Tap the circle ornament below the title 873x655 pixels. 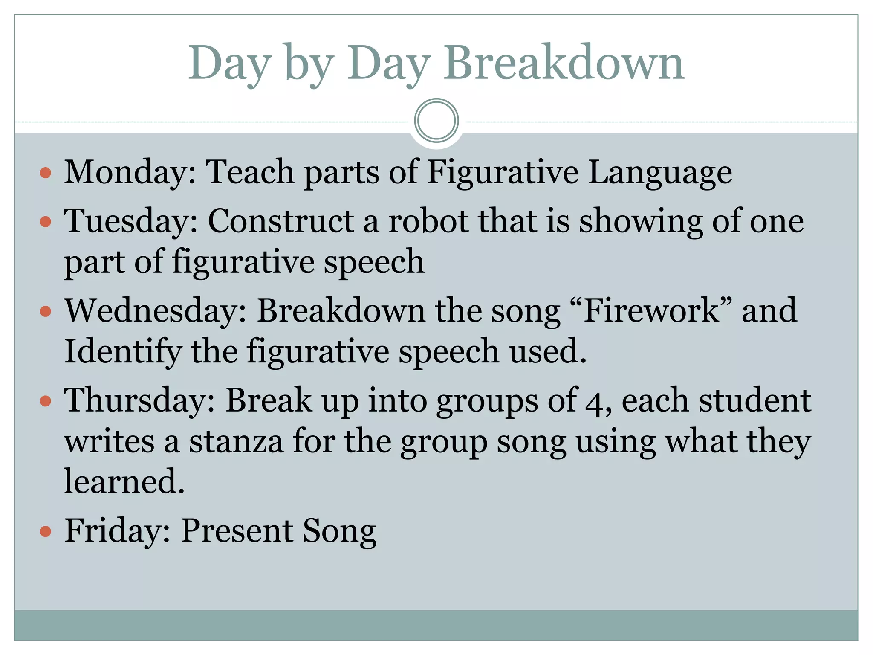(436, 121)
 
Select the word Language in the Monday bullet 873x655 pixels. (660, 172)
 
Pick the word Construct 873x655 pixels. (280, 221)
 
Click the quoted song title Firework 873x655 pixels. (651, 310)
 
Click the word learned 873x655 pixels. (124, 481)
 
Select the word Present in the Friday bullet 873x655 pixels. (237, 531)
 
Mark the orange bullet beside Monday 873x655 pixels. (46, 173)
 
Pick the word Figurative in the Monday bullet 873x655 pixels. (503, 172)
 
